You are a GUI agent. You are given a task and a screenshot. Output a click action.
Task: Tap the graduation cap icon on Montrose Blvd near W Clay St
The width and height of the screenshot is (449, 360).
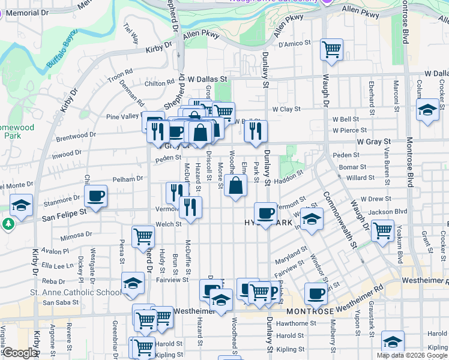[427, 110]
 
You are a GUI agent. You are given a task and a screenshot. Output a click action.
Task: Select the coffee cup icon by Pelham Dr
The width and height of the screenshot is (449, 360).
[96, 195]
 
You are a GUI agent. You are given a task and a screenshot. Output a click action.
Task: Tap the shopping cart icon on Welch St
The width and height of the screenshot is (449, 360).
[143, 236]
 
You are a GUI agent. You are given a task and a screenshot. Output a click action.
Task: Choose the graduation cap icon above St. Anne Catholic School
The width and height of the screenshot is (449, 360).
[133, 283]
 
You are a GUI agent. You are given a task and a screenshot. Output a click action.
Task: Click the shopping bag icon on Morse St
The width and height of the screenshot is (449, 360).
[237, 185]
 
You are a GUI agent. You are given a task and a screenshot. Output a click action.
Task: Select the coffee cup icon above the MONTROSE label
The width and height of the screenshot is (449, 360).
[316, 294]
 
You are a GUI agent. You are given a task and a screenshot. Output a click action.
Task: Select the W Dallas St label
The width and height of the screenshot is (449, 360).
[208, 79]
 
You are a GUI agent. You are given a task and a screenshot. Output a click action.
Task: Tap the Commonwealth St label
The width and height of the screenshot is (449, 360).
[343, 220]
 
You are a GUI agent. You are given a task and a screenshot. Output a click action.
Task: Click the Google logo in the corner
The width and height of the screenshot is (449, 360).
[20, 353]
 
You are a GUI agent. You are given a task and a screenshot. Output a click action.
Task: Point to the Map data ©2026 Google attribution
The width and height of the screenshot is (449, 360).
[412, 355]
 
